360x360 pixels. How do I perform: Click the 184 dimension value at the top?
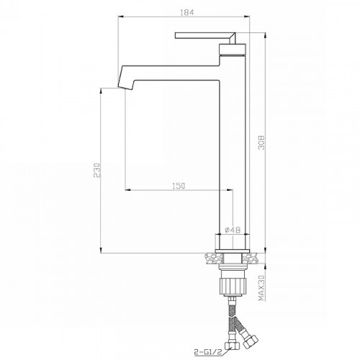[186, 12]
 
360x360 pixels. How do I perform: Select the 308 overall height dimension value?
[261, 143]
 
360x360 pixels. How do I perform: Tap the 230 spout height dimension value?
[96, 170]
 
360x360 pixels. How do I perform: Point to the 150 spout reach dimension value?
[179, 186]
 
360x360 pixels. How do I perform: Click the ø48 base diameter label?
[233, 230]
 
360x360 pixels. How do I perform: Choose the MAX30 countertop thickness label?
[261, 288]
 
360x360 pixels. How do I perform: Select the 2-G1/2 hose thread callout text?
[208, 352]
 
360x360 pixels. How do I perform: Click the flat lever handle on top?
[205, 37]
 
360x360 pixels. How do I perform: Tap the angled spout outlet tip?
[125, 87]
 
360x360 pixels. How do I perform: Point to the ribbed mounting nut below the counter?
[233, 286]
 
